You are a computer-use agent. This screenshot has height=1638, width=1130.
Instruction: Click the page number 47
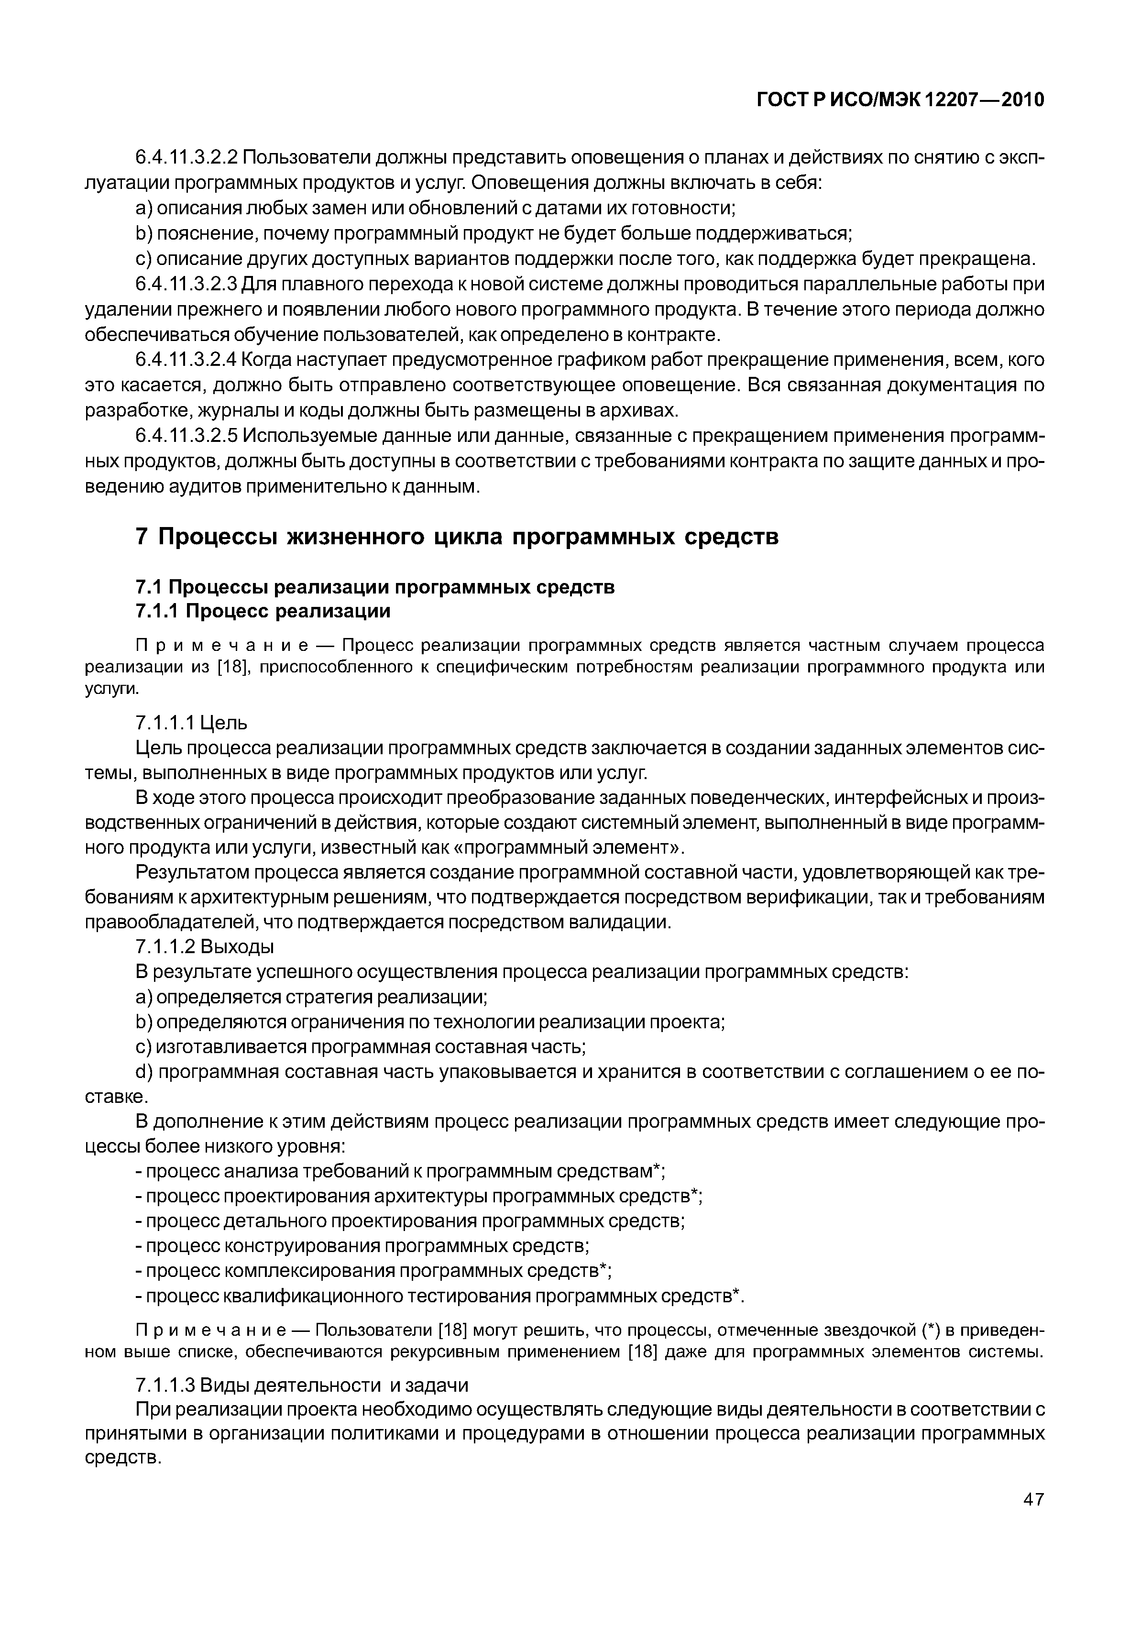[1033, 1518]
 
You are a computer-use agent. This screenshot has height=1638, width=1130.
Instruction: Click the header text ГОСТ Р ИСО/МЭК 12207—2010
[900, 100]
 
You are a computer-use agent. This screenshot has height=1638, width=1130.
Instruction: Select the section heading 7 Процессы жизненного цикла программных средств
[457, 537]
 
